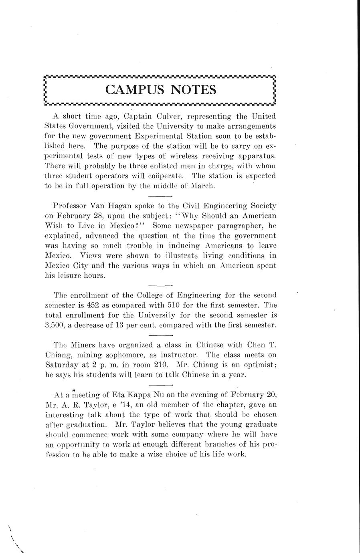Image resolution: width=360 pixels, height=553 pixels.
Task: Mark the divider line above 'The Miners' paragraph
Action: tap(160, 335)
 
